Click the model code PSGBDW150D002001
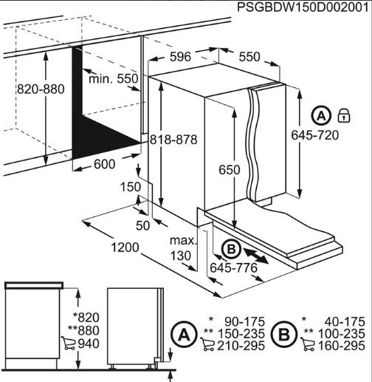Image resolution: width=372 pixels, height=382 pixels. [304, 7]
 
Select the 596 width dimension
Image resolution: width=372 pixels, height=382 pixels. [180, 57]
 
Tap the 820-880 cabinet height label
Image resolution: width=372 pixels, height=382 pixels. [41, 89]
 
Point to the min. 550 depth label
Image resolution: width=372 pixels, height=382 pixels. [114, 79]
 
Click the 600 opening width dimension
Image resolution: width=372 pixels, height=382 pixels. [104, 164]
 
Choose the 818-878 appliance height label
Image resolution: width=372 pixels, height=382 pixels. [173, 140]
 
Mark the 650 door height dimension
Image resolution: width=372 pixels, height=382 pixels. [230, 170]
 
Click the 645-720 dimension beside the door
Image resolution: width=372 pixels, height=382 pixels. [315, 135]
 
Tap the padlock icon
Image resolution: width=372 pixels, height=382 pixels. [344, 115]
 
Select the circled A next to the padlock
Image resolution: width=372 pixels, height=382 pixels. [322, 115]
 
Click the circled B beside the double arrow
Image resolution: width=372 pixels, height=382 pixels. [231, 249]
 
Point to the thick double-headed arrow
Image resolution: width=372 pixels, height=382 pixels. [256, 256]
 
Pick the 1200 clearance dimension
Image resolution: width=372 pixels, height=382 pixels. [125, 248]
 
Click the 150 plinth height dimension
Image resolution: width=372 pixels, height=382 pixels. [131, 187]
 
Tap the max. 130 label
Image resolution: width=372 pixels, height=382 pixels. [182, 248]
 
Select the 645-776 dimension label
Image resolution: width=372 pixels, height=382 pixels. [233, 267]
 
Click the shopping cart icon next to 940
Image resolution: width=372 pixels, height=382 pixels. [69, 343]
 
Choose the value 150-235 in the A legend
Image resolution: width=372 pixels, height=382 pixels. [241, 334]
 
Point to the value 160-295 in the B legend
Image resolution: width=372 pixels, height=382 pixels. [342, 346]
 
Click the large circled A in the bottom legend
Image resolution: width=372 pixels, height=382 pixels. [185, 335]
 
